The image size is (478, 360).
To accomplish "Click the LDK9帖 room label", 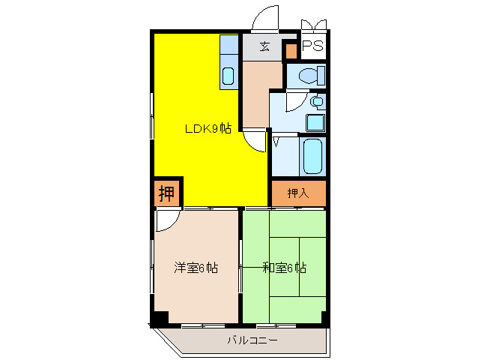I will (208, 128).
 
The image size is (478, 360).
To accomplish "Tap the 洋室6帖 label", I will (196, 267).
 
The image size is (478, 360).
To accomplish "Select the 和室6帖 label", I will (284, 267).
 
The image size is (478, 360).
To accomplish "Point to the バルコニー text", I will (252, 340).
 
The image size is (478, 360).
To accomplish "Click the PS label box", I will (312, 46).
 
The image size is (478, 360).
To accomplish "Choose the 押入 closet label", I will (298, 193).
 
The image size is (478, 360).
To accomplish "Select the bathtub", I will (312, 156).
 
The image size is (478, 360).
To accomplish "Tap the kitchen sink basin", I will (229, 76).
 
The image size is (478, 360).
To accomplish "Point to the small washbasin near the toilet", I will (318, 100).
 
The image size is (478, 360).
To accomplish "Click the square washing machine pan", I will (315, 122).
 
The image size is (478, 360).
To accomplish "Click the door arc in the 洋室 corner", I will (167, 218).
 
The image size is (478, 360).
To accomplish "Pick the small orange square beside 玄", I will (291, 52).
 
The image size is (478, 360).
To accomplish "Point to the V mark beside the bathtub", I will (276, 141).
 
